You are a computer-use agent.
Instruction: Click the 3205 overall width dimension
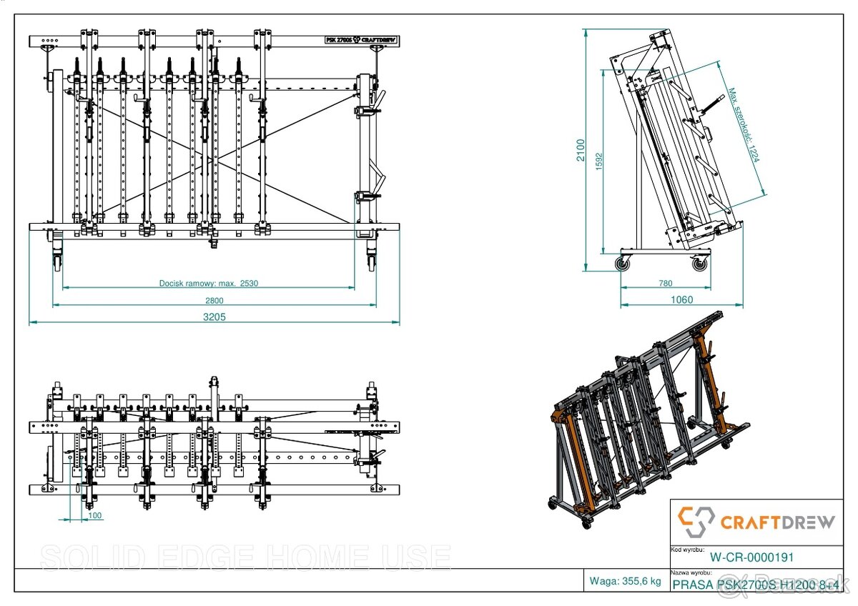pyautogui.click(x=214, y=317)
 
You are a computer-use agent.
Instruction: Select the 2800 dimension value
pyautogui.click(x=214, y=301)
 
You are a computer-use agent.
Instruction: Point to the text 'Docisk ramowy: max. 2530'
pyautogui.click(x=208, y=283)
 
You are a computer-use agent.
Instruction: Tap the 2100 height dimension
pyautogui.click(x=582, y=151)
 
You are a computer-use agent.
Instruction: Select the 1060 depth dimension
pyautogui.click(x=681, y=300)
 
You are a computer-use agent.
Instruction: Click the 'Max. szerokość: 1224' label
pyautogui.click(x=744, y=124)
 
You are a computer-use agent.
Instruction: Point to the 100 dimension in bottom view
pyautogui.click(x=94, y=515)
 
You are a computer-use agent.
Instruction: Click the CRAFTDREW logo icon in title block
pyautogui.click(x=696, y=522)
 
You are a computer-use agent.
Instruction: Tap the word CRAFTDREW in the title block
pyautogui.click(x=777, y=522)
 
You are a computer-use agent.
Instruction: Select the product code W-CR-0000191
pyautogui.click(x=751, y=557)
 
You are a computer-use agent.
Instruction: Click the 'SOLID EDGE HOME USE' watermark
pyautogui.click(x=245, y=557)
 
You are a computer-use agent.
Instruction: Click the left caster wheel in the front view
pyautogui.click(x=56, y=262)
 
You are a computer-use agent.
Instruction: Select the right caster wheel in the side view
pyautogui.click(x=699, y=264)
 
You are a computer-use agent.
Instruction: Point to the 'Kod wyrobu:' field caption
pyautogui.click(x=685, y=550)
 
